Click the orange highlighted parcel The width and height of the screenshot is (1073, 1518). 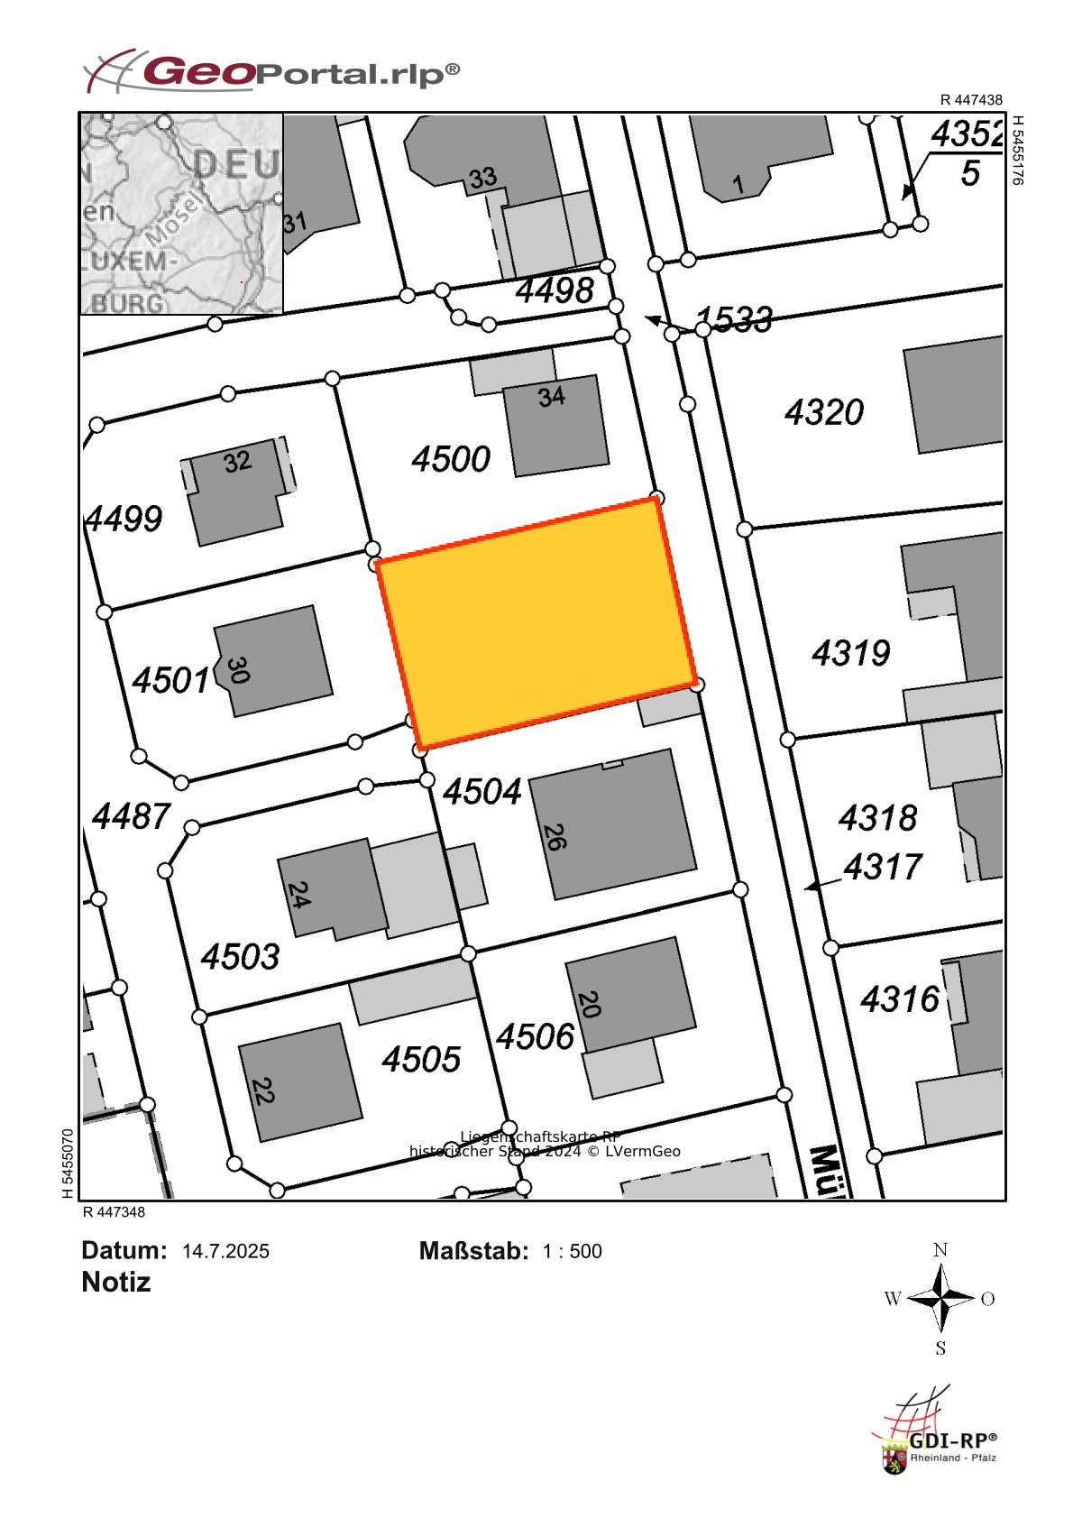[536, 622]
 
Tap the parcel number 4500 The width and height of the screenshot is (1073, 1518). [451, 459]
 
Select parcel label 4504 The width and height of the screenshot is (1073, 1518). [482, 792]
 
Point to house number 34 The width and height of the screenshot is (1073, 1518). [551, 396]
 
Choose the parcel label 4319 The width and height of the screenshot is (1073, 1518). [850, 652]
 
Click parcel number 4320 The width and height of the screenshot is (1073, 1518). [823, 412]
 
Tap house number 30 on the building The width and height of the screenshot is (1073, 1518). [237, 670]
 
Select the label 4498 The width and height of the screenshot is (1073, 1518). [555, 290]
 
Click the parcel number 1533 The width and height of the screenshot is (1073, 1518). [734, 318]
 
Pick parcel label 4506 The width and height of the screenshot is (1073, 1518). [535, 1036]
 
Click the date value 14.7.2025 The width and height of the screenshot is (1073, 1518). [225, 1251]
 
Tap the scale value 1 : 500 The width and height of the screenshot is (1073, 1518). [572, 1251]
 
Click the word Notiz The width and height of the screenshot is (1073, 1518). [115, 1282]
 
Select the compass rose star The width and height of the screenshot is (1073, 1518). [940, 1299]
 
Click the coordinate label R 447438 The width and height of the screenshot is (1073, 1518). [970, 100]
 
